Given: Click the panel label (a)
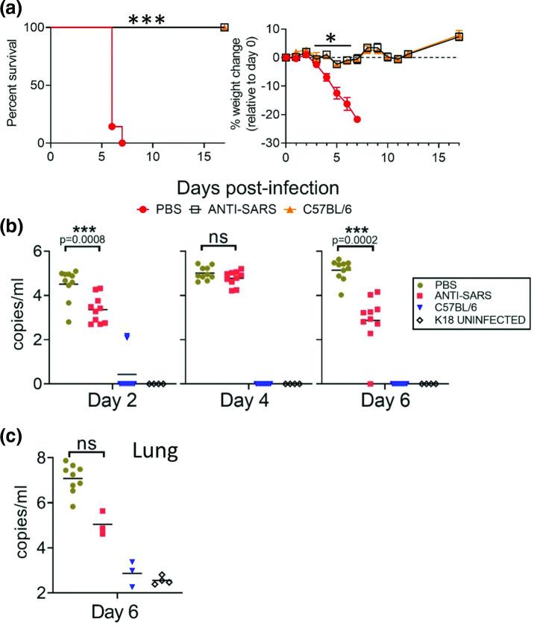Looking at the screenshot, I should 16,10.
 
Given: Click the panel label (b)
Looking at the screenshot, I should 16,224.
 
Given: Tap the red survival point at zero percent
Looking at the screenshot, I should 122,142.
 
